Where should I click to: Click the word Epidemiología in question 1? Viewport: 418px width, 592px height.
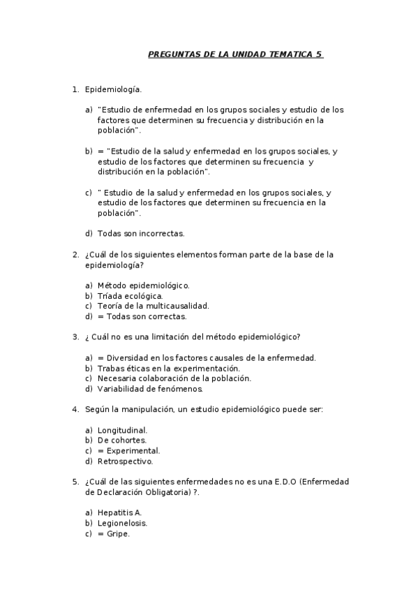point(112,89)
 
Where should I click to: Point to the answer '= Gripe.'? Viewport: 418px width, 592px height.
point(114,533)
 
